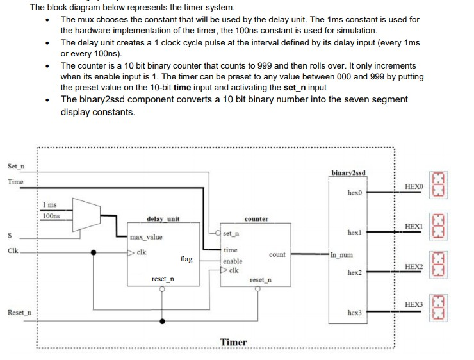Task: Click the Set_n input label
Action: click(16, 167)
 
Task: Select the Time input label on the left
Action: click(15, 183)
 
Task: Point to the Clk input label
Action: click(13, 251)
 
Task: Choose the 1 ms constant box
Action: click(50, 205)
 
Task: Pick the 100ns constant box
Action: click(51, 215)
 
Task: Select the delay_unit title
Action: click(163, 219)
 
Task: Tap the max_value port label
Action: click(147, 237)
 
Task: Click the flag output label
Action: click(186, 259)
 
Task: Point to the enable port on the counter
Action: click(233, 261)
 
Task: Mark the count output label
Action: click(277, 254)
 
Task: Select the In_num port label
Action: click(341, 254)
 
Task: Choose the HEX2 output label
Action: click(414, 265)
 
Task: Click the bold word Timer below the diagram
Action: click(234, 342)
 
